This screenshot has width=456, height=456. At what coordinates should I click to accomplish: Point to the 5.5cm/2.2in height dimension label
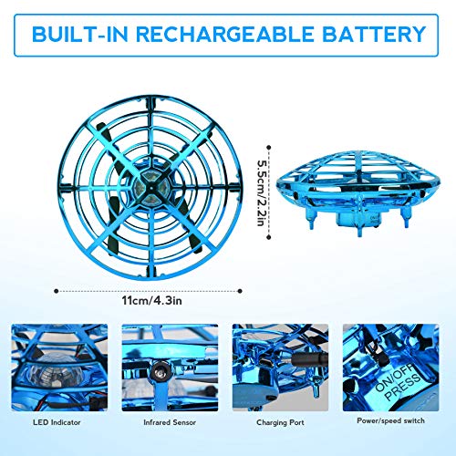click(262, 179)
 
